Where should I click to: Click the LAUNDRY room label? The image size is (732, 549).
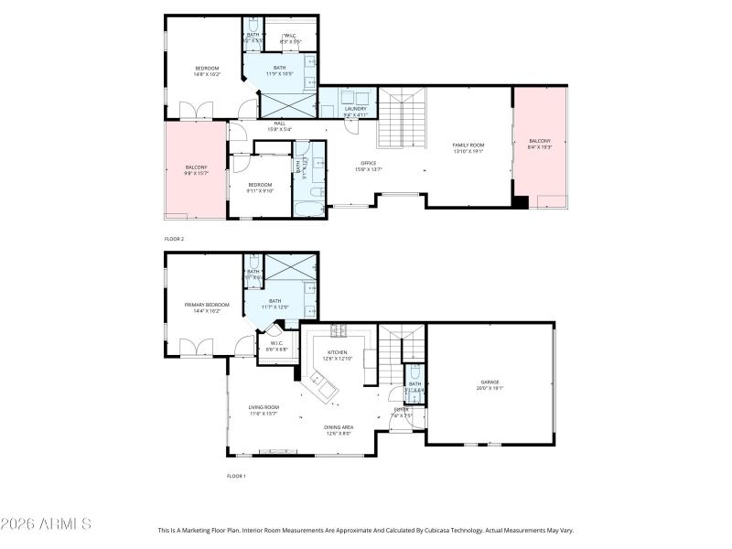354,110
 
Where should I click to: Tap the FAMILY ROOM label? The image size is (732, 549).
468,145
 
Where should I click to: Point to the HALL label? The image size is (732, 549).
279,124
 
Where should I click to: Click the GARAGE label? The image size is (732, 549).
490,382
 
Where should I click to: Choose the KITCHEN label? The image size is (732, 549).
337,352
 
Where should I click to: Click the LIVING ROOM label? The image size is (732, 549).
264,407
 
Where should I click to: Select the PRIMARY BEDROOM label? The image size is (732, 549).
206,305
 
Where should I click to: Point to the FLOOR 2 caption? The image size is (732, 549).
174,238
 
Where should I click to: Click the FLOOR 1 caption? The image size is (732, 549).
236,476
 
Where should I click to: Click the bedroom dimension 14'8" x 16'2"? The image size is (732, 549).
207,75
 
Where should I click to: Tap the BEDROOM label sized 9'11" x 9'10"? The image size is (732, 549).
261,185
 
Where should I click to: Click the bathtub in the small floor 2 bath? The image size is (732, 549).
307,200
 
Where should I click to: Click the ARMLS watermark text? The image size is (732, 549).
46,524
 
